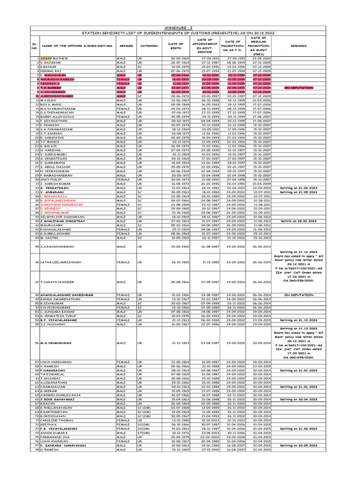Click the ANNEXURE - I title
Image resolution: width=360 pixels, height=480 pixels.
click(180, 28)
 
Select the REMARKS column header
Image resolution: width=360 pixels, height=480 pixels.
click(299, 46)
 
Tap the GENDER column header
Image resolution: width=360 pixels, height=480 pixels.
click(126, 46)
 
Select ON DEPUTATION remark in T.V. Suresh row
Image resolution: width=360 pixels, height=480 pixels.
click(299, 88)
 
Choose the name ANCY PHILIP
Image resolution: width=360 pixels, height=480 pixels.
click(52, 180)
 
